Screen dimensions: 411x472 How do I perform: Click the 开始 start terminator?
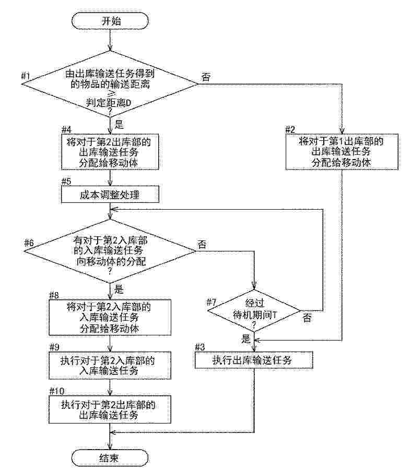pyautogui.click(x=110, y=21)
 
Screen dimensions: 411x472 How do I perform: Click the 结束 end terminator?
pyautogui.click(x=110, y=458)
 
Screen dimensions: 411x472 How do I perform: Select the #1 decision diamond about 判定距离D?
pyautogui.click(x=110, y=84)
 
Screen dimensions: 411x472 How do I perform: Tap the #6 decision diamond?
pyautogui.click(x=110, y=251)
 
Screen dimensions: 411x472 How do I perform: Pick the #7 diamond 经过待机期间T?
pyautogui.click(x=254, y=311)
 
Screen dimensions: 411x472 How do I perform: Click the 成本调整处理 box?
pyautogui.click(x=110, y=195)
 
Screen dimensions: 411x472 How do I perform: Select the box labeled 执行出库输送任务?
pyautogui.click(x=254, y=360)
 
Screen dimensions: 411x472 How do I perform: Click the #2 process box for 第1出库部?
pyautogui.click(x=342, y=152)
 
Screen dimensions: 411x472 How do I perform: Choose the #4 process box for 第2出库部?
pyautogui.click(x=110, y=152)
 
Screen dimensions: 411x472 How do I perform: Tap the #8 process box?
pyautogui.click(x=110, y=317)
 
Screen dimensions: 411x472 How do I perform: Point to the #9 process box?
pyautogui.click(x=110, y=365)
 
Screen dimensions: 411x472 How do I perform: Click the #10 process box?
pyautogui.click(x=110, y=409)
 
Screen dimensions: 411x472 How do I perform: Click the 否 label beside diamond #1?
pyautogui.click(x=206, y=77)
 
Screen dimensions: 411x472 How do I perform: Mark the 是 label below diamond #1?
pyautogui.click(x=119, y=124)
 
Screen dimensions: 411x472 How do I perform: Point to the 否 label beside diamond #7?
pyautogui.click(x=307, y=318)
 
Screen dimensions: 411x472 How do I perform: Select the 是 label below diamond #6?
pyautogui.click(x=119, y=289)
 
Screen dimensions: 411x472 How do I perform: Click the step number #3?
pyautogui.click(x=200, y=347)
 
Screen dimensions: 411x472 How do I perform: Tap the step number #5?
pyautogui.click(x=66, y=181)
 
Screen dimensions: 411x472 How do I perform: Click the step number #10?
pyautogui.click(x=56, y=391)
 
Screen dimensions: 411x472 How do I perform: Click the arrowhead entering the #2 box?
pyautogui.click(x=342, y=131)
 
